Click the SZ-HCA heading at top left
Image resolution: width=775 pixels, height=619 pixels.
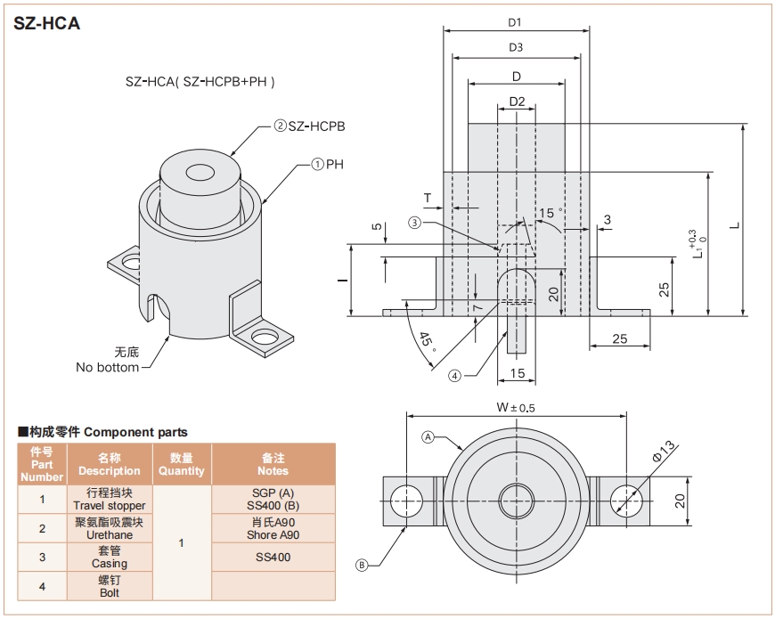pos(47,24)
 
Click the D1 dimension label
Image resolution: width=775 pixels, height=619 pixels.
pos(516,22)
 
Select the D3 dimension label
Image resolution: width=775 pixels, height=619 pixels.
pos(516,47)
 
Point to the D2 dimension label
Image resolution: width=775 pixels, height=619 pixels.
pos(517,101)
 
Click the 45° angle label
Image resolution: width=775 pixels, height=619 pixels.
pos(427,340)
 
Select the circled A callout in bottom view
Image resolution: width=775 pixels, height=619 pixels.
pos(428,437)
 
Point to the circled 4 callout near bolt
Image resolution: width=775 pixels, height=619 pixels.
pos(455,376)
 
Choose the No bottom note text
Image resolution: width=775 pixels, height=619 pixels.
pos(107,367)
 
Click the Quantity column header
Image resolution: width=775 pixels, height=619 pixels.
pos(182,464)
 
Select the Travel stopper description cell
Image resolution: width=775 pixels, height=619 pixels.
pos(110,499)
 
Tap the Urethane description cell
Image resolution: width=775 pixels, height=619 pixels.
pos(110,528)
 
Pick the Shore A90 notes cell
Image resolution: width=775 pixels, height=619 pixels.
pos(273,528)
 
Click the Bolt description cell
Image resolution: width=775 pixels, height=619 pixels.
pos(110,585)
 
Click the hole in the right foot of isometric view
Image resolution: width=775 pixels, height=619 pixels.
pos(264,338)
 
